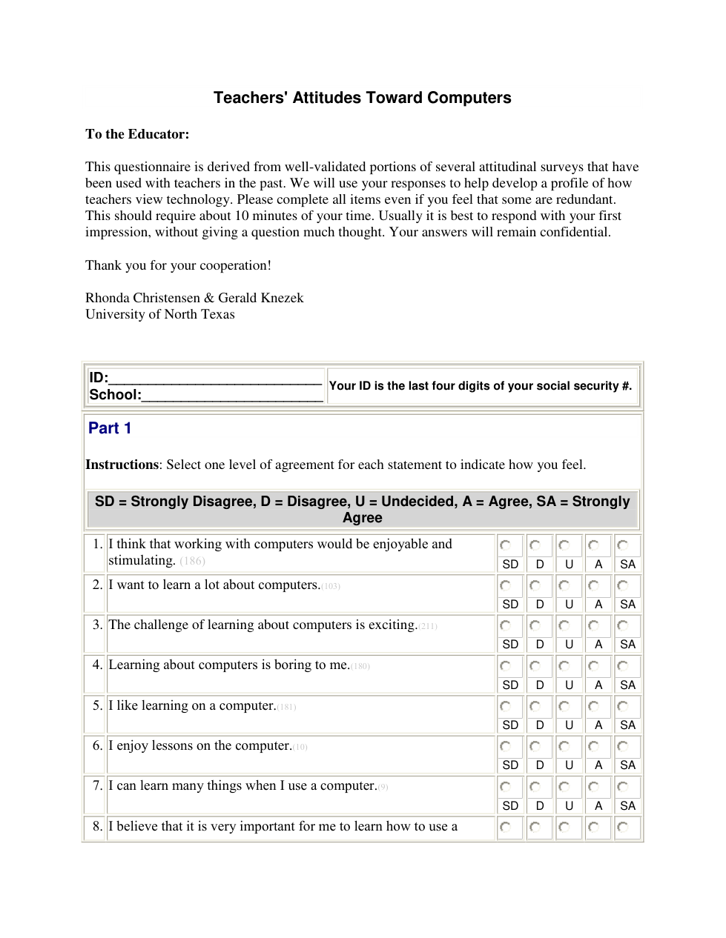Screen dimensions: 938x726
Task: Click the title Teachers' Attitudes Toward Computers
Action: click(362, 98)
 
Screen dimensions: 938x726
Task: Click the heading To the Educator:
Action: click(137, 134)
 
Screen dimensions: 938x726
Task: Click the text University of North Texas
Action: click(159, 314)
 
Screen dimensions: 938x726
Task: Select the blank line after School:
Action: click(231, 396)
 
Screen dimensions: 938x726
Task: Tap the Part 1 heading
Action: click(110, 428)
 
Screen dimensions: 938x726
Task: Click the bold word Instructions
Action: click(122, 465)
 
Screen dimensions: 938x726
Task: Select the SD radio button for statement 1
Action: click(506, 545)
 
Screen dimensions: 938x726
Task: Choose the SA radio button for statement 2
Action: click(623, 585)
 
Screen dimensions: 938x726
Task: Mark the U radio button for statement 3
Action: click(564, 625)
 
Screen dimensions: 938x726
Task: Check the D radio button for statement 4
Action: click(535, 666)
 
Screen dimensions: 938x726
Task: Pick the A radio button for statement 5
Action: click(593, 706)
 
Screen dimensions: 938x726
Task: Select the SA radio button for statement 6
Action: click(623, 746)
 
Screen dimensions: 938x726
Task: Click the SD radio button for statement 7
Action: click(506, 787)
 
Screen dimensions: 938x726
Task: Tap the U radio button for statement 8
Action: click(564, 827)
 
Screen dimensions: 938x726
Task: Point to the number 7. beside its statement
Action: click(97, 785)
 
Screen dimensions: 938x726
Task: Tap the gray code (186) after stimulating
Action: click(192, 561)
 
